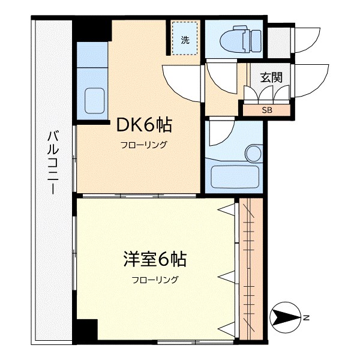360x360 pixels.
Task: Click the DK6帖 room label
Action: coord(143,125)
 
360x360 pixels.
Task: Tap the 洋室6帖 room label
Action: coord(154,259)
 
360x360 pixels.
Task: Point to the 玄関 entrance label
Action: coord(271,77)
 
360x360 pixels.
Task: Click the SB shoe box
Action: coord(266,110)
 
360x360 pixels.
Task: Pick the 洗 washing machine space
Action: coord(185,40)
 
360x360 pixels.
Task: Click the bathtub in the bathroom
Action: coord(235,177)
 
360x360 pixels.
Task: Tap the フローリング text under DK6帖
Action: coord(143,145)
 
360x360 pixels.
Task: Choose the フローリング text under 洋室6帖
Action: coord(155,280)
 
